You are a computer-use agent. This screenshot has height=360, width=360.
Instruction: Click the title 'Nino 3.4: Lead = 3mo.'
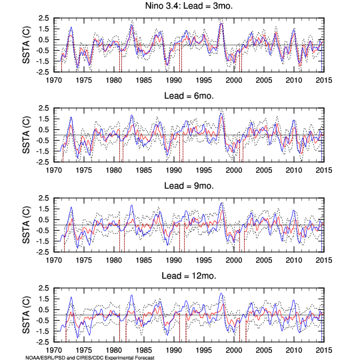189,6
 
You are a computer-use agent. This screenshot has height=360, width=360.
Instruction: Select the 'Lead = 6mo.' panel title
189,96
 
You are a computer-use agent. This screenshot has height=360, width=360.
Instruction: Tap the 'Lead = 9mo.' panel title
189,186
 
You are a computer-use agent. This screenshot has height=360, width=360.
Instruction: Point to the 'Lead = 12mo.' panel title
189,275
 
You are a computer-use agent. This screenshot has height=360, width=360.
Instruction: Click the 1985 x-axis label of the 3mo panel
144,81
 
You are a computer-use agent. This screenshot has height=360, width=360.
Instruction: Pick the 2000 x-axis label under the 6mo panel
234,171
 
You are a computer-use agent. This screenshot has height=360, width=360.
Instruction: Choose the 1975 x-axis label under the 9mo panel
84,261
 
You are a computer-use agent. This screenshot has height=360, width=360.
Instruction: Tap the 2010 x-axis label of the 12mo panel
293,351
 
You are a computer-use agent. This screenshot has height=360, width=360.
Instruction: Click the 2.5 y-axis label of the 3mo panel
43,18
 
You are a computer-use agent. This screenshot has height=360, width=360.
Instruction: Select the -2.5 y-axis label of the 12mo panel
43,342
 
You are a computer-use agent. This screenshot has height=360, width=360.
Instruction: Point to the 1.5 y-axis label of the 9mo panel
43,209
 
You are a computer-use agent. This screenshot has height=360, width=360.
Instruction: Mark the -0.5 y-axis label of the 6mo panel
43,141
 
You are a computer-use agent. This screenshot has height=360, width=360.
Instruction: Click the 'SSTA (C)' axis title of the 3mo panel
26,45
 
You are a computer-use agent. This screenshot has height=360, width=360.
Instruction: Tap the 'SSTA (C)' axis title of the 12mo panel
26,315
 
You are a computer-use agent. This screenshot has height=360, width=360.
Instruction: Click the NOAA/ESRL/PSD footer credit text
90,357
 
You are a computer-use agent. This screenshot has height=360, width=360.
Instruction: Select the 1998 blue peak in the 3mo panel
221,23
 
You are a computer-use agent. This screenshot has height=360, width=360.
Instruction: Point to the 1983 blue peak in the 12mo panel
131,295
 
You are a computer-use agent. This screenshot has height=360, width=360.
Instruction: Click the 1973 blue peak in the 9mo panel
71,207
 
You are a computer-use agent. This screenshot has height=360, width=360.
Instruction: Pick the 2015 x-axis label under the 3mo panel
324,81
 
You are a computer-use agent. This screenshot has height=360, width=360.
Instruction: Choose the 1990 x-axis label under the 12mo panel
174,351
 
